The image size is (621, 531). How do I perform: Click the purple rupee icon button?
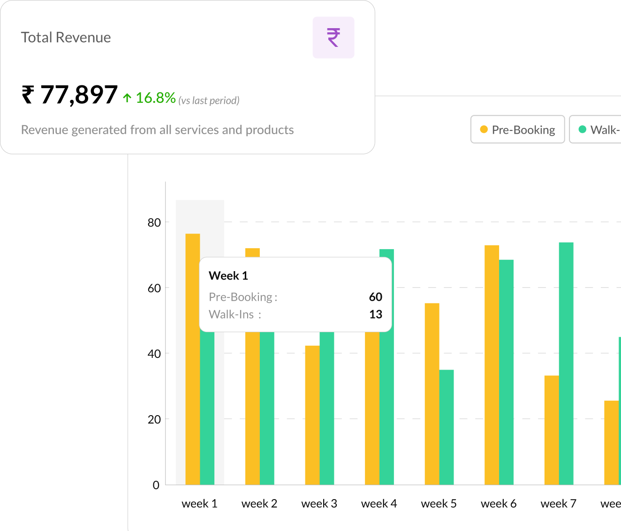[333, 38]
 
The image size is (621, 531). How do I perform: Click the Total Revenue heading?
[66, 38]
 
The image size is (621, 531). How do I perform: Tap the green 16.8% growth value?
[155, 98]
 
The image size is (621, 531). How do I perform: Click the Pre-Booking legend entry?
[517, 129]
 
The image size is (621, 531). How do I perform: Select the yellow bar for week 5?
[432, 394]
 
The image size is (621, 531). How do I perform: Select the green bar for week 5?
[447, 427]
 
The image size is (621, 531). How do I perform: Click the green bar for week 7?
[566, 364]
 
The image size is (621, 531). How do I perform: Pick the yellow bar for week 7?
[552, 430]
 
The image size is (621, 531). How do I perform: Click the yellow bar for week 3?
[312, 415]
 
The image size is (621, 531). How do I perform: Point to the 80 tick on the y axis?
[154, 223]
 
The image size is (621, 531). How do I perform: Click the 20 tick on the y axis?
[154, 420]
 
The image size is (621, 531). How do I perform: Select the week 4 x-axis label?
[379, 504]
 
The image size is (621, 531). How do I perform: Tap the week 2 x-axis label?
[259, 504]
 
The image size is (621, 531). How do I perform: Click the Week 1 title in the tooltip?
[228, 276]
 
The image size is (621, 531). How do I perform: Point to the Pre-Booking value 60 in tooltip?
[375, 297]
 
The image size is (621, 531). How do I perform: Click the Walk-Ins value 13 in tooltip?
[375, 314]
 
